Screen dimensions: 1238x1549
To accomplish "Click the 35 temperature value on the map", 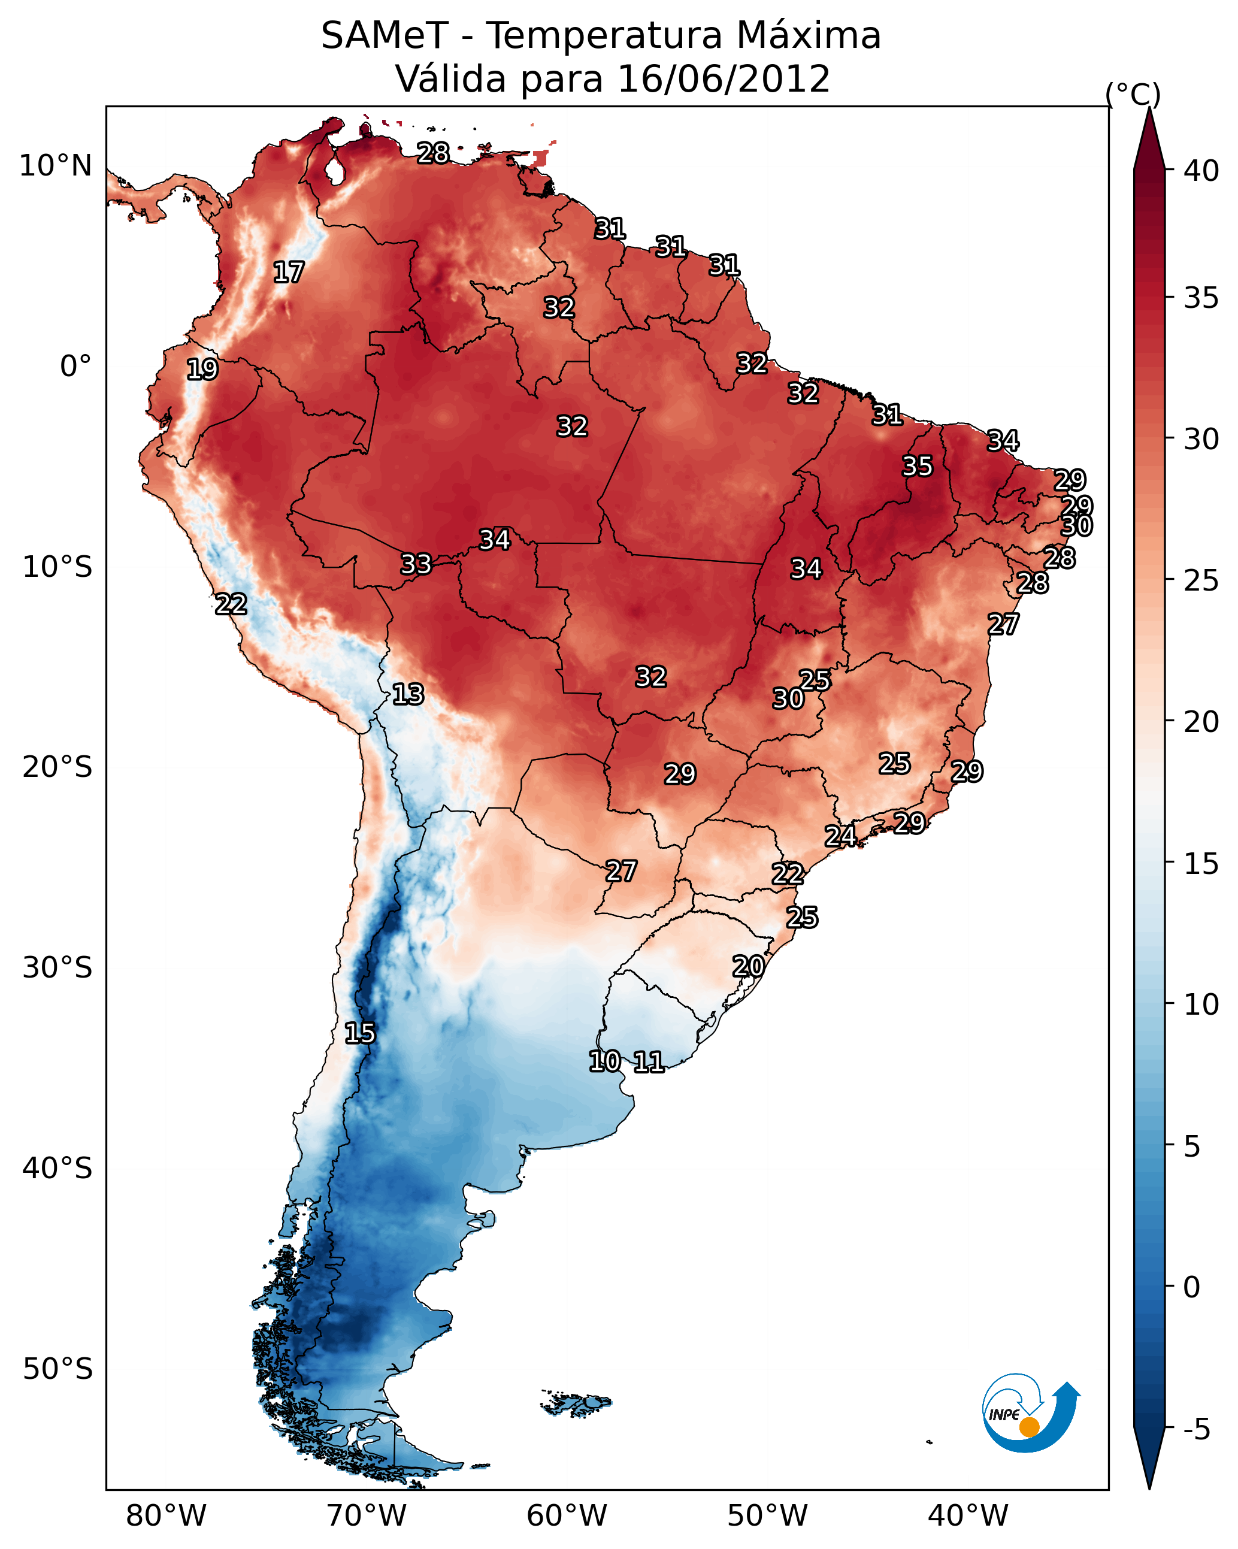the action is (918, 466).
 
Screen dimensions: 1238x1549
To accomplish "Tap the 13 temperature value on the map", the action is (408, 694).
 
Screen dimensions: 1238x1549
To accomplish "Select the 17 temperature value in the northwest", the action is (289, 273).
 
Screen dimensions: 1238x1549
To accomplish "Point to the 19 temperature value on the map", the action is (202, 370).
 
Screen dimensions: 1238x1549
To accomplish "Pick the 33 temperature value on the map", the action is (416, 564).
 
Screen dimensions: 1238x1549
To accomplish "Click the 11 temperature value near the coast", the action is (649, 1062).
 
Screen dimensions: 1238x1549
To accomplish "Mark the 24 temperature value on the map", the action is (840, 836).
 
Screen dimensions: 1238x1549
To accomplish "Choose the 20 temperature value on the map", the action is (748, 966).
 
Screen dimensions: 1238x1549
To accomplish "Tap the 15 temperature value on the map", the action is (360, 1033).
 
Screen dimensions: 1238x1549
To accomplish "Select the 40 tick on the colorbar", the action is (1201, 171).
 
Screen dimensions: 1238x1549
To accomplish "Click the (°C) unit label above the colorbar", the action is (1133, 94).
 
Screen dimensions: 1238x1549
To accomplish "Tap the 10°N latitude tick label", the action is (55, 166).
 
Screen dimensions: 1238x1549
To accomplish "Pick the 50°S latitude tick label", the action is (57, 1369).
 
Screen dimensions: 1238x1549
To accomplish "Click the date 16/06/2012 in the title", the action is (724, 79).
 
